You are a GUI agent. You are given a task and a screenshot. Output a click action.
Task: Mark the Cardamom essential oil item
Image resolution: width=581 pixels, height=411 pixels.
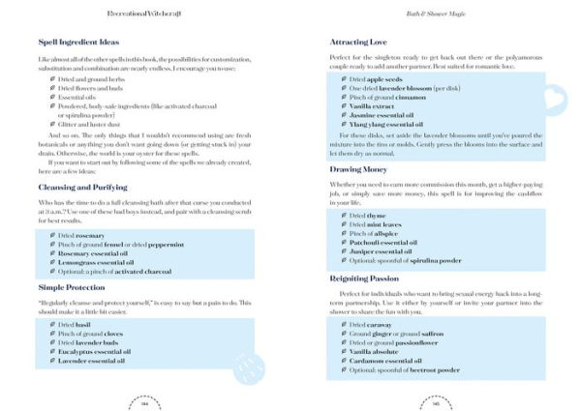tap(387, 359)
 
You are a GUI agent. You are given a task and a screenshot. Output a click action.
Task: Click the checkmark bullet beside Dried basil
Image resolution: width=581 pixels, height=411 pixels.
tap(50, 324)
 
